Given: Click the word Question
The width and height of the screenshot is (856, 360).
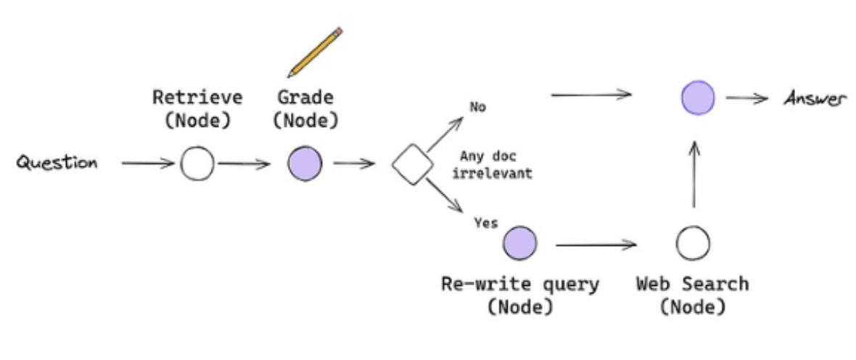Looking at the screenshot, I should click(x=57, y=163).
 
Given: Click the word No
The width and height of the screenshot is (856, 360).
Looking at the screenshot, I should click(x=477, y=107).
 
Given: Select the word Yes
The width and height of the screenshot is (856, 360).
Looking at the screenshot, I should click(x=485, y=223).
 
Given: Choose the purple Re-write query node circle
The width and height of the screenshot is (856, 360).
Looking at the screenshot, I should click(x=520, y=242).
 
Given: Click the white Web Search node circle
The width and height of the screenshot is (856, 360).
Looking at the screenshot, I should click(x=692, y=243).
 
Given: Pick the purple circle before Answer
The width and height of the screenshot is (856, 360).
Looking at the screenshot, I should click(x=698, y=97).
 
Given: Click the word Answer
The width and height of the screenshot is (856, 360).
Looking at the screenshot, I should click(x=815, y=99).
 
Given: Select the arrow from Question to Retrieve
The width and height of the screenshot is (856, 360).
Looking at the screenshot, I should click(x=147, y=163).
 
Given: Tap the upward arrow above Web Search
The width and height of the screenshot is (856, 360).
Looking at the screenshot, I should click(x=694, y=174).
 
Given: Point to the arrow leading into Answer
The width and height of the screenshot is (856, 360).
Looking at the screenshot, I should click(x=746, y=99).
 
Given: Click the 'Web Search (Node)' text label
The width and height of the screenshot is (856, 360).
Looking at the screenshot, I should click(x=692, y=295).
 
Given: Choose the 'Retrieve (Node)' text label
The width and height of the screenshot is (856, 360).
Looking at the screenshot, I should click(x=197, y=109).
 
